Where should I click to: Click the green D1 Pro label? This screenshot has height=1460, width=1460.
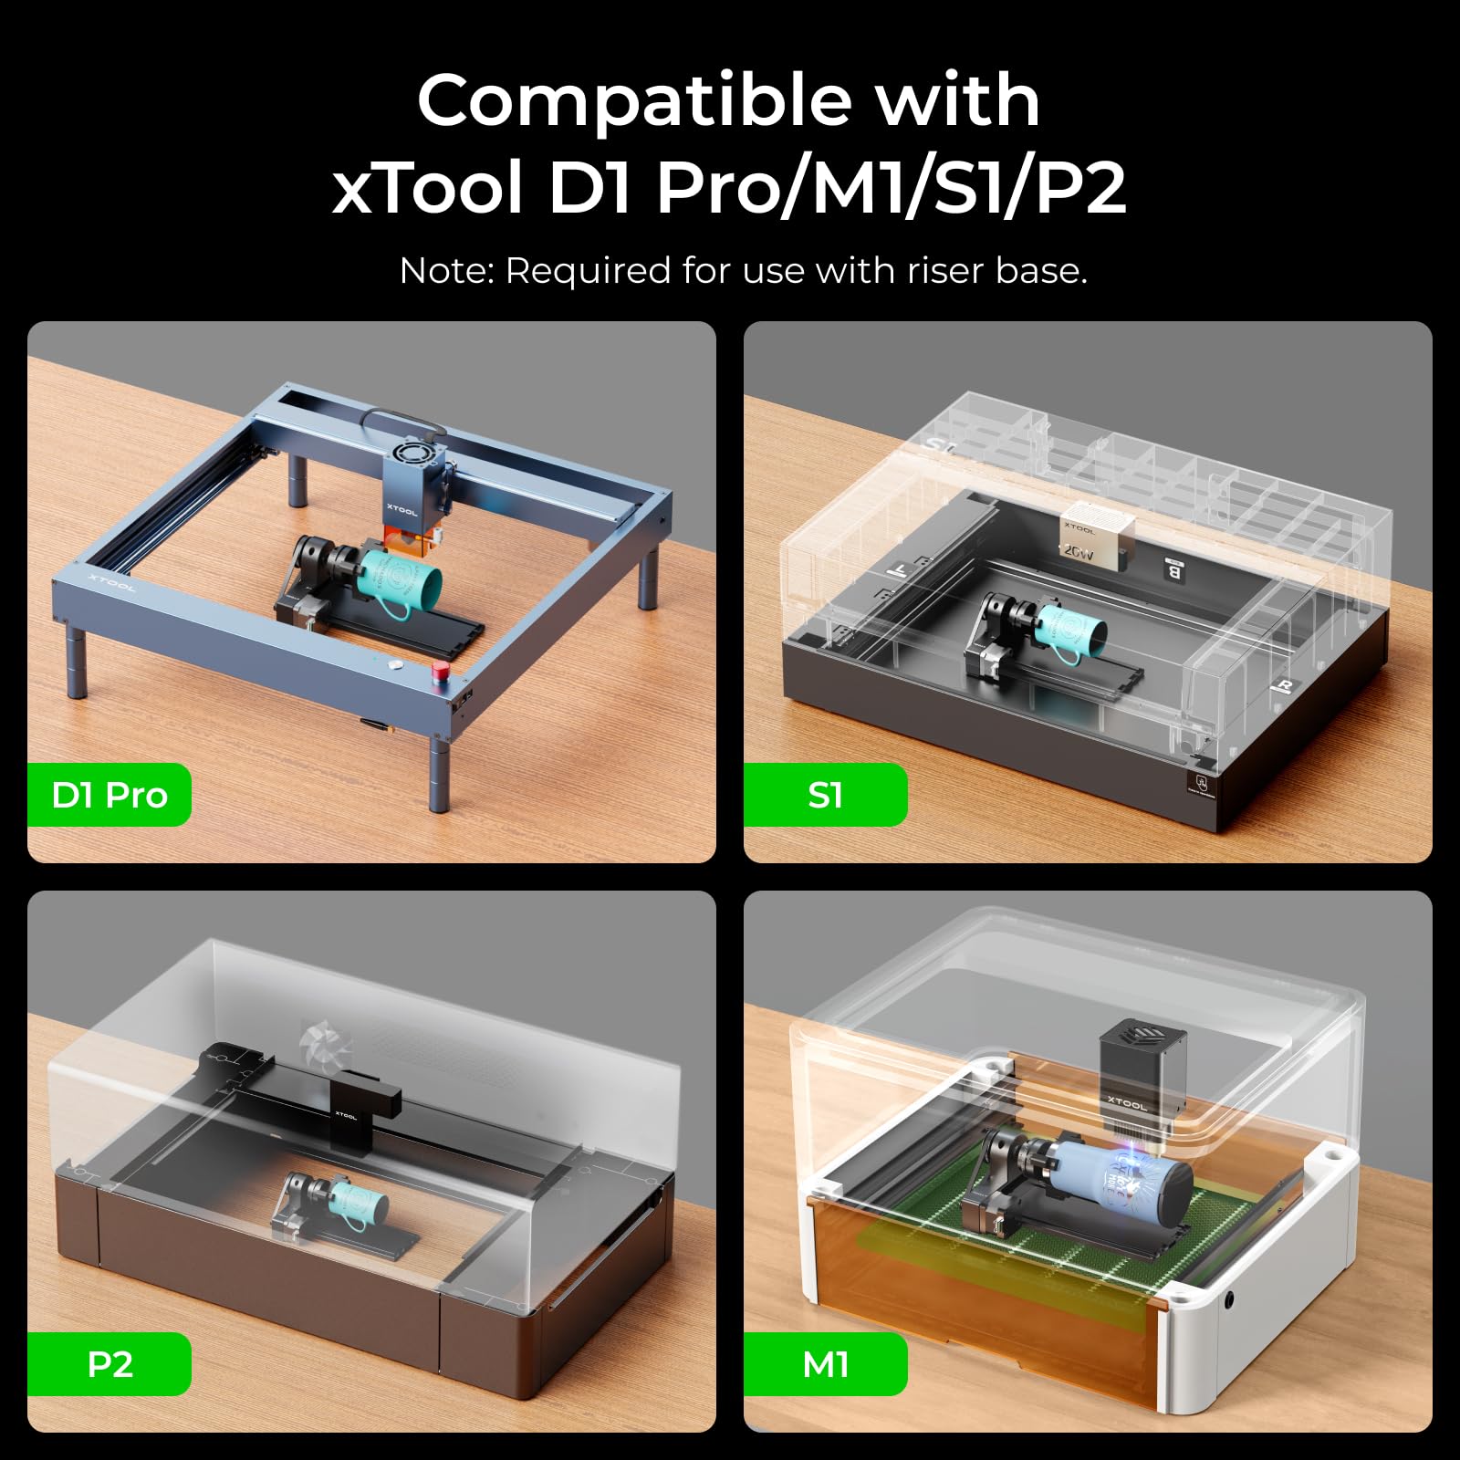click(109, 795)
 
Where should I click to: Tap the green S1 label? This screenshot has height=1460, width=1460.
click(825, 795)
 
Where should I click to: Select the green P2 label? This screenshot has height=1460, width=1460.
click(109, 1364)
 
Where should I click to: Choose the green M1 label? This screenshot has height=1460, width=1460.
click(825, 1364)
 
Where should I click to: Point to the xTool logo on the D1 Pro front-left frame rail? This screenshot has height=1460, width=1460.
click(112, 582)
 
